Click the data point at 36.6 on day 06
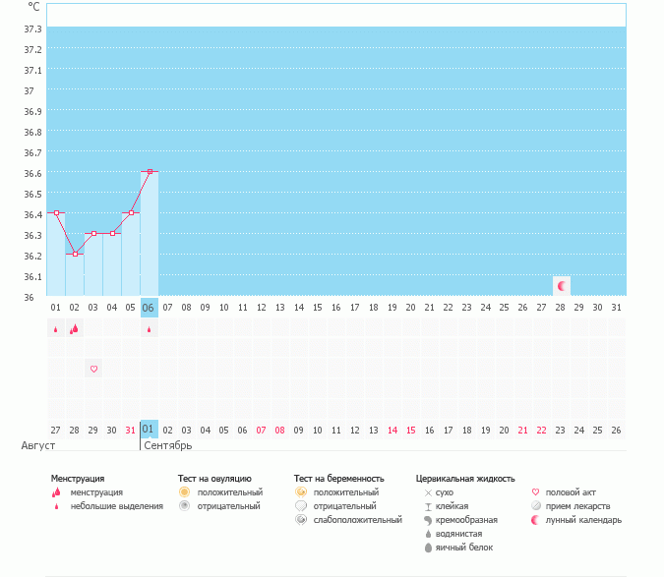coord(150,171)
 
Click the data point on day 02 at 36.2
coord(75,254)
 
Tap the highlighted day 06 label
coord(150,307)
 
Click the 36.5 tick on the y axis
coord(32,194)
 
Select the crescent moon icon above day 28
coord(562,286)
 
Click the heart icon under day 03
coord(93,369)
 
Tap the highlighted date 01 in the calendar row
coord(149,430)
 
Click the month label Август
coord(37,445)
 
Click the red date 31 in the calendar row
coord(131,430)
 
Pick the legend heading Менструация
coord(78,478)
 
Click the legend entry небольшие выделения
coord(117,506)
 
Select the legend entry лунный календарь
coord(584,520)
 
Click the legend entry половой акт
coord(571,492)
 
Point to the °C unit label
coord(33,6)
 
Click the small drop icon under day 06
coord(150,330)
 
